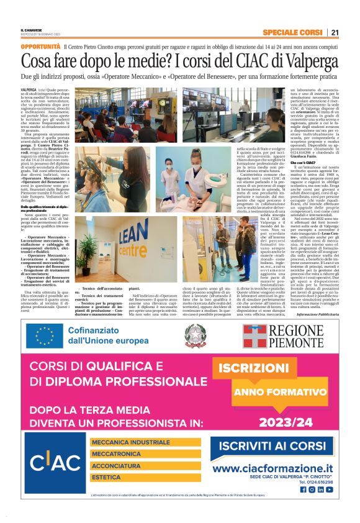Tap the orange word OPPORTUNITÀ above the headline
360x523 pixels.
coord(41,47)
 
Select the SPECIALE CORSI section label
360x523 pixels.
coord(292,32)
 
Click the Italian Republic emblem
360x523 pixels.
coord(195,335)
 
